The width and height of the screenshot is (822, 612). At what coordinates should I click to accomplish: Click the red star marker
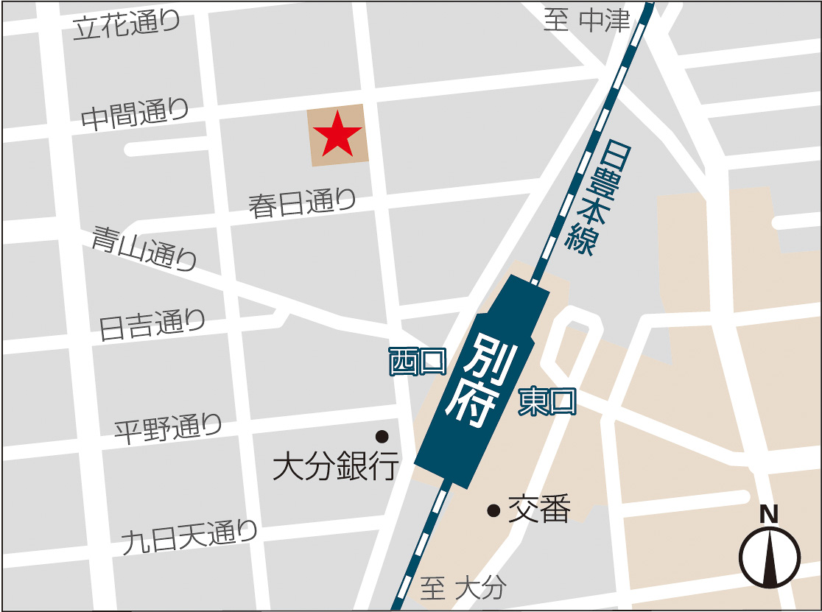[337, 133]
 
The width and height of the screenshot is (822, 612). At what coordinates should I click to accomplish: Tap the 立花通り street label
[127, 26]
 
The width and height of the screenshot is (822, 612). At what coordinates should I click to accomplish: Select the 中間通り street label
[135, 115]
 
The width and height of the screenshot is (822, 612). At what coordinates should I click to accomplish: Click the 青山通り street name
[145, 248]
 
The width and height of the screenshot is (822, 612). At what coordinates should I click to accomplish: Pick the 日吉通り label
[152, 324]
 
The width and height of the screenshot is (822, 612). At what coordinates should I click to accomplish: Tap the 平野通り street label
[168, 428]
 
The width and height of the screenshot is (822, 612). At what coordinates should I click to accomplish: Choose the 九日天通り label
[189, 538]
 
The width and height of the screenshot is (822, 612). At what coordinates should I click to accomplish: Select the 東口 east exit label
[547, 402]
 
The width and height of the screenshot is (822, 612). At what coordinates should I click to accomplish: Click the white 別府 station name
[482, 380]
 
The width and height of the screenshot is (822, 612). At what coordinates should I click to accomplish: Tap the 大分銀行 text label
[336, 466]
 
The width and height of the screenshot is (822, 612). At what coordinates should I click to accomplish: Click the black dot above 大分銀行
[382, 436]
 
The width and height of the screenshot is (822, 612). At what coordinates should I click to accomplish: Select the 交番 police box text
[540, 509]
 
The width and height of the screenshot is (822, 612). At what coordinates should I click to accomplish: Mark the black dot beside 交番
[493, 510]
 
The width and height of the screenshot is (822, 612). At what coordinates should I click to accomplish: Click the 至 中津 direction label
[587, 21]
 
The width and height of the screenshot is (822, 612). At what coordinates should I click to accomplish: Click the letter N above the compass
[769, 514]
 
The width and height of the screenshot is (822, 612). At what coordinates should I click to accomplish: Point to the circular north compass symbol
[770, 557]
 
